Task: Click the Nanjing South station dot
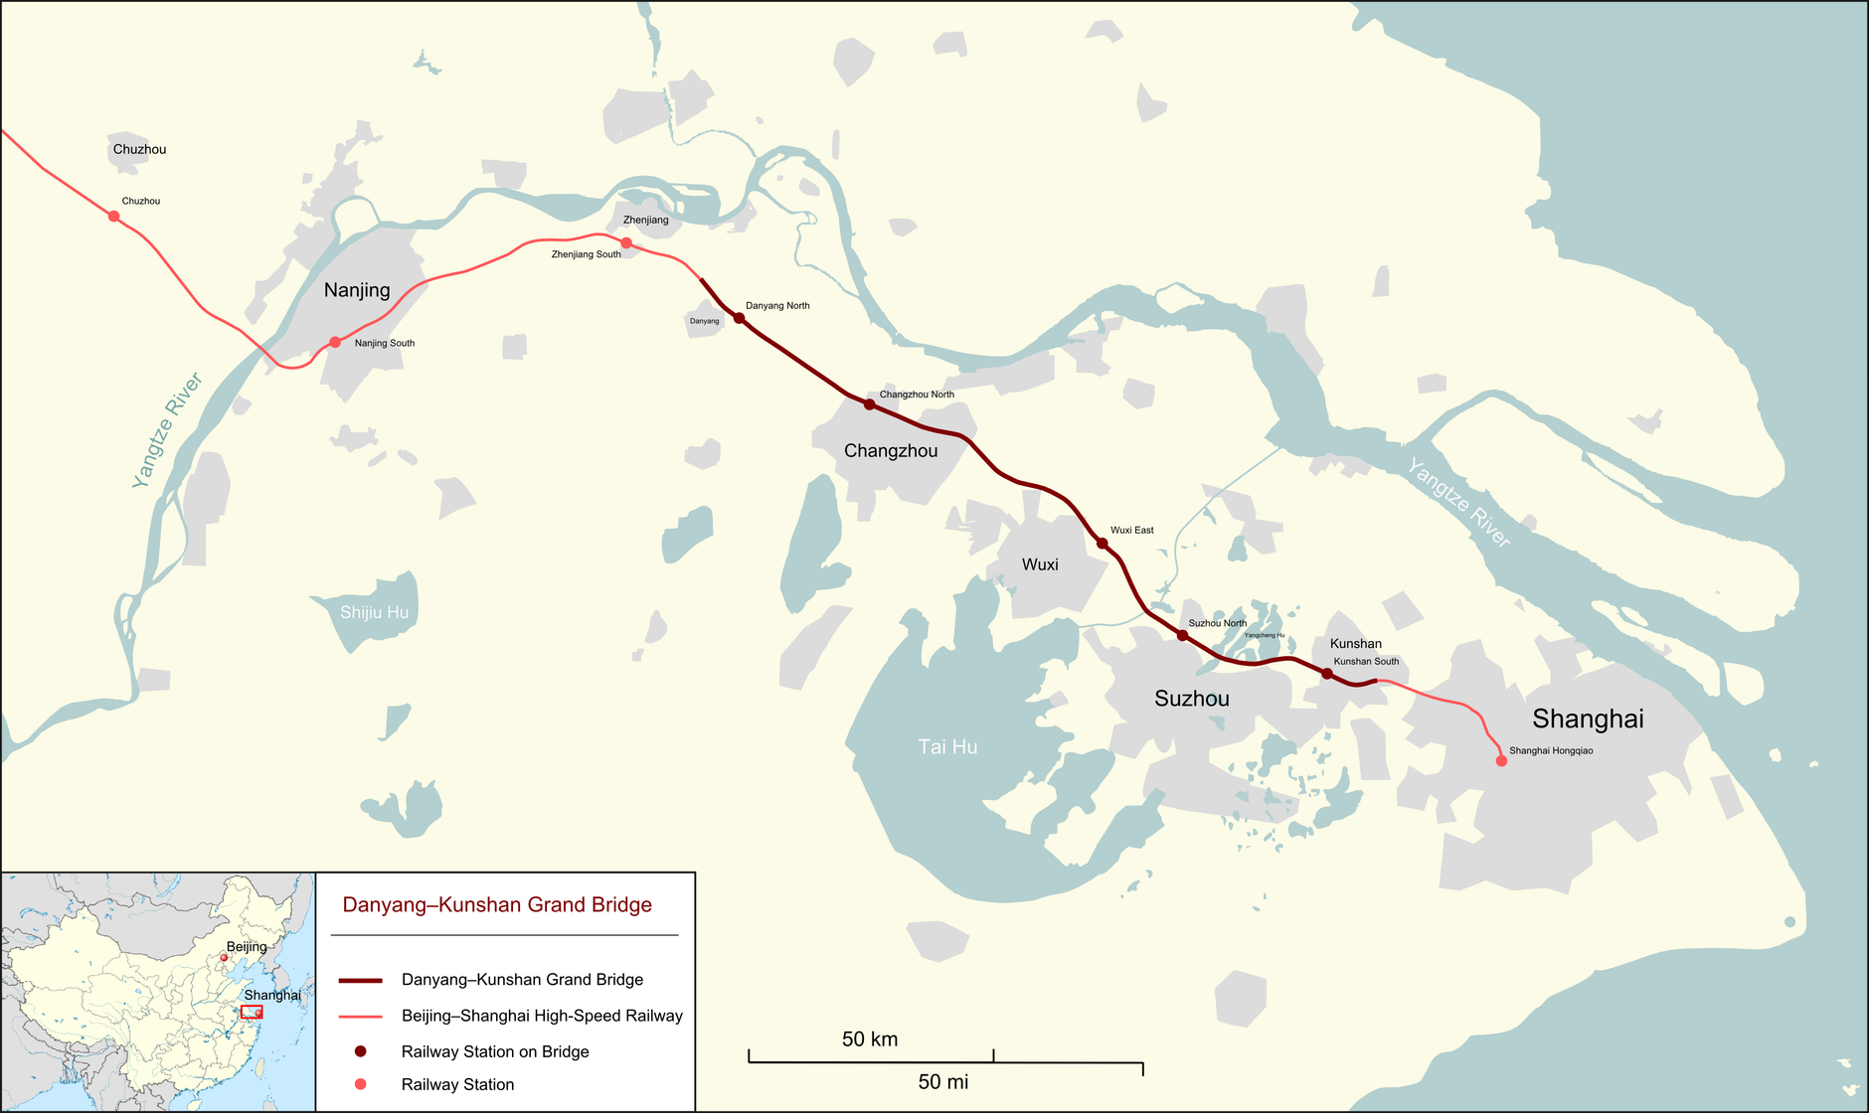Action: pos(335,342)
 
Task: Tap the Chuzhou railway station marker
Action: pos(114,216)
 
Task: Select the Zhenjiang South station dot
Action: pos(626,242)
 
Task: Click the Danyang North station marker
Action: pos(739,318)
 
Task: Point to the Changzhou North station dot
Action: pos(869,404)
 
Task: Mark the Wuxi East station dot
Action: pos(1102,543)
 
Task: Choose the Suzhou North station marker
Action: pos(1182,635)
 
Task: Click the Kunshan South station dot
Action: pos(1326,674)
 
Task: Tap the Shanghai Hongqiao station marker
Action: pos(1501,761)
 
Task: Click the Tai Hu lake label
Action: pos(947,747)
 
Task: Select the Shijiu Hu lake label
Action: pos(374,612)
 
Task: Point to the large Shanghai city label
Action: pos(1588,718)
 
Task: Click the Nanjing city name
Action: pos(357,290)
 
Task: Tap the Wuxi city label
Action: pos(1040,564)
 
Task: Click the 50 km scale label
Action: pos(870,1039)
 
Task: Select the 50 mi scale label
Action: pos(942,1082)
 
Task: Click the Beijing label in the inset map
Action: pos(247,947)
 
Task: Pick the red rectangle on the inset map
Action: pos(252,1012)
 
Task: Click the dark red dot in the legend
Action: pos(361,1051)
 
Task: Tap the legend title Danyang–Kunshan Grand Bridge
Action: pos(497,905)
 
